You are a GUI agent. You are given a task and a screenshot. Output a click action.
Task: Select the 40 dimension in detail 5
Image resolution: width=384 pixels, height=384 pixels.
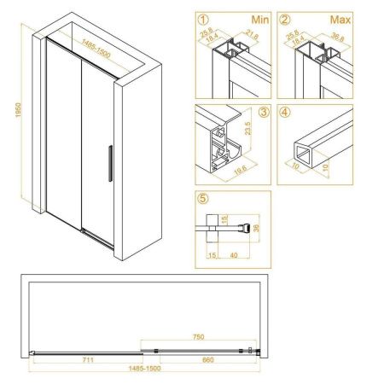click(232, 253)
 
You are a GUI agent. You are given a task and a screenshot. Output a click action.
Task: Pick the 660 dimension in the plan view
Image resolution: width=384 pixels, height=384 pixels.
click(198, 359)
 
